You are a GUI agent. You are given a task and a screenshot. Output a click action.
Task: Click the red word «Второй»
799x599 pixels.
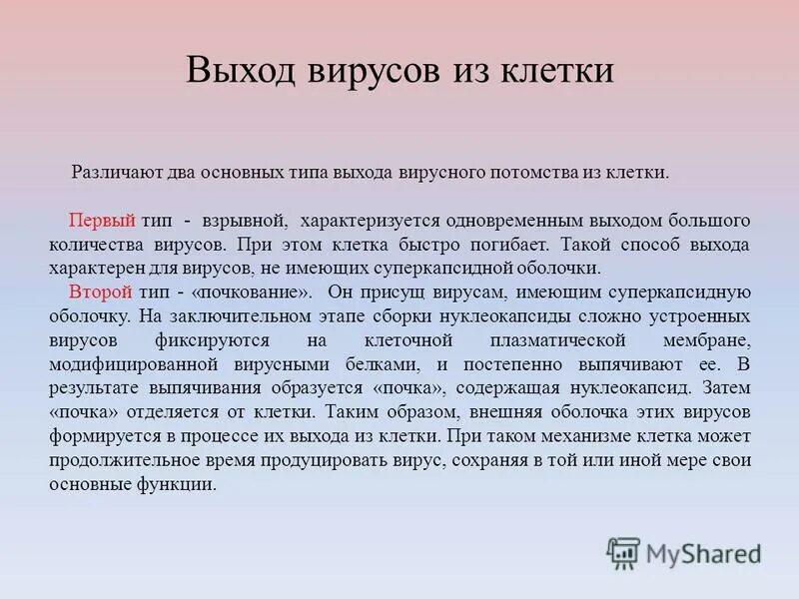point(101,292)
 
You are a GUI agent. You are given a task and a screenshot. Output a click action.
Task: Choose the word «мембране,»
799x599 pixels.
point(711,339)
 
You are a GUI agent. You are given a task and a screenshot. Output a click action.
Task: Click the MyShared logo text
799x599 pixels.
point(704,552)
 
